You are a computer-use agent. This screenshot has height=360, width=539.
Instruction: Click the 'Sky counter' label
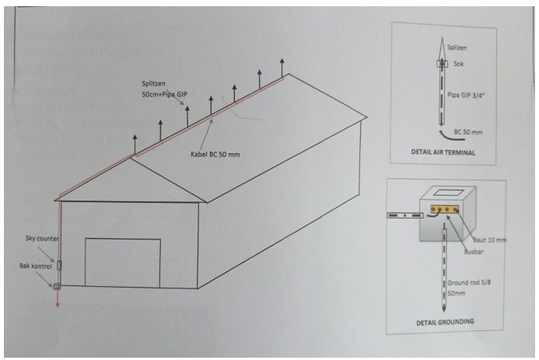tap(42, 238)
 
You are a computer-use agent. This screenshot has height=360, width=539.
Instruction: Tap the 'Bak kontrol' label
tap(36, 266)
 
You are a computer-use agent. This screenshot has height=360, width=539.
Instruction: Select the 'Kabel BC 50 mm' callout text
tap(215, 155)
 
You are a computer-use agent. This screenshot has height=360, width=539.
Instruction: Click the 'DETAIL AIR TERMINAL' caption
tap(443, 152)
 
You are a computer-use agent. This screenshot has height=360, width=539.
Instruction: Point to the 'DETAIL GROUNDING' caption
tap(445, 322)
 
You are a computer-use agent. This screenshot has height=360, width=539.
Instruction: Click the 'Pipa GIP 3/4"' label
tap(466, 96)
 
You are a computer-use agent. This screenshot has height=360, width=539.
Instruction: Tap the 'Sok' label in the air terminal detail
tap(459, 64)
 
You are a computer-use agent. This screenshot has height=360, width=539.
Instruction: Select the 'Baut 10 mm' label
tap(490, 239)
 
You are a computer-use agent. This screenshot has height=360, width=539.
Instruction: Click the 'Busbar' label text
tap(474, 251)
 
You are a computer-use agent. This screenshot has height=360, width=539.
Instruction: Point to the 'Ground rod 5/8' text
tap(469, 282)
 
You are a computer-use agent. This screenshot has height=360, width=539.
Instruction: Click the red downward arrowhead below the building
tap(58, 304)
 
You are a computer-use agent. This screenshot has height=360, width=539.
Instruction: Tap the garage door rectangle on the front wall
tap(123, 263)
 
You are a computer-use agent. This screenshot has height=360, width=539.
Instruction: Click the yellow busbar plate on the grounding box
tap(445, 209)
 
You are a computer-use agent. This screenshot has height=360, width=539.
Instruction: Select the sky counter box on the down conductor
tap(59, 265)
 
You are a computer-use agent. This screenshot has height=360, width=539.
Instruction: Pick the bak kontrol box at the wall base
tap(57, 285)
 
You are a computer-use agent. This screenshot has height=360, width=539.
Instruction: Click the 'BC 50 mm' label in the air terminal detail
tap(468, 132)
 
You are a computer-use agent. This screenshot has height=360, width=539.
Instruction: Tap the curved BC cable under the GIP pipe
tap(446, 135)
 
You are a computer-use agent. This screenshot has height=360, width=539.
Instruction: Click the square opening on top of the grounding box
tap(445, 192)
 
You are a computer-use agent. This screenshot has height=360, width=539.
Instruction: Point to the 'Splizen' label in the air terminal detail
tap(457, 47)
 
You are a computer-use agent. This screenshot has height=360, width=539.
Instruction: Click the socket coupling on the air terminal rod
tap(443, 64)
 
